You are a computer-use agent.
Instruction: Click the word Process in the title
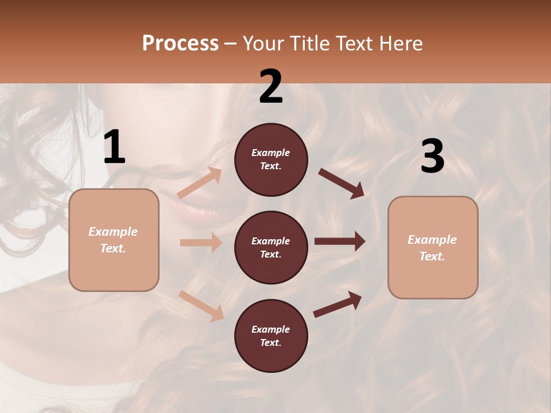[180, 43]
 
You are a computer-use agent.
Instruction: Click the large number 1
[114, 147]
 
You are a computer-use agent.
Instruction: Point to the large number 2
[271, 87]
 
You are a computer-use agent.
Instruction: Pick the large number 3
[432, 157]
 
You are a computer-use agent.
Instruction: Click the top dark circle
[271, 159]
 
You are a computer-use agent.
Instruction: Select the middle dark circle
[271, 247]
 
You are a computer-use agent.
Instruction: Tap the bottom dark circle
[271, 336]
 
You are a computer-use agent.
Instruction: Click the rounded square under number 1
[114, 240]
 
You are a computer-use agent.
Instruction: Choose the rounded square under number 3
[433, 247]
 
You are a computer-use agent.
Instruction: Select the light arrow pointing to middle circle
[201, 243]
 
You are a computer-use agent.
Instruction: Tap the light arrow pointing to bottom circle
[201, 305]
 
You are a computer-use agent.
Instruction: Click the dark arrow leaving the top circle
[341, 183]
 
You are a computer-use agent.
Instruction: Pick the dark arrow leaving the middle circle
[339, 241]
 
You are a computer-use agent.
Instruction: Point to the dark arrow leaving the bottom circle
[337, 304]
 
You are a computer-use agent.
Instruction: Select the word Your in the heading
[263, 43]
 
